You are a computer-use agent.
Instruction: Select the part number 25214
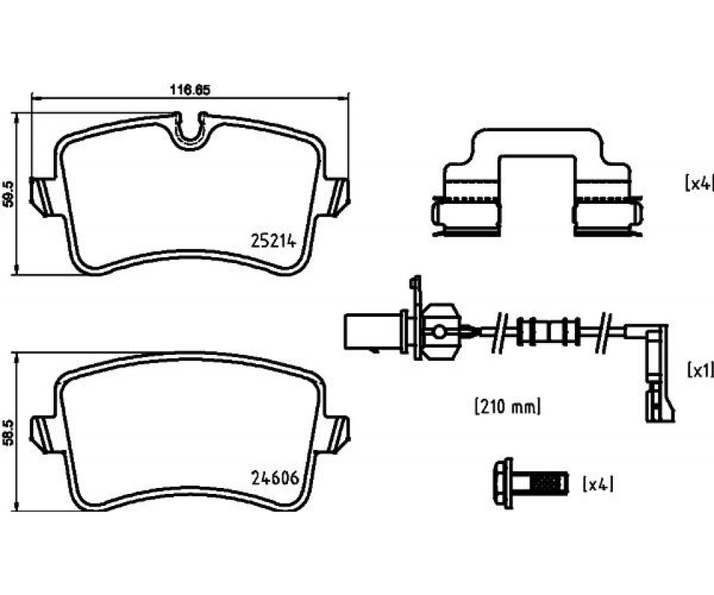[x=273, y=241]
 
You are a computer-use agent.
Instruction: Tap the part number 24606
[x=274, y=478]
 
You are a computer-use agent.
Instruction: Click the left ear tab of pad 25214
[x=41, y=196]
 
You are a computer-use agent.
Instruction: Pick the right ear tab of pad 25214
[x=339, y=196]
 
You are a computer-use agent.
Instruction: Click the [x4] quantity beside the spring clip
[x=698, y=182]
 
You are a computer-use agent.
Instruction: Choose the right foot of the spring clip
[x=607, y=215]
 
